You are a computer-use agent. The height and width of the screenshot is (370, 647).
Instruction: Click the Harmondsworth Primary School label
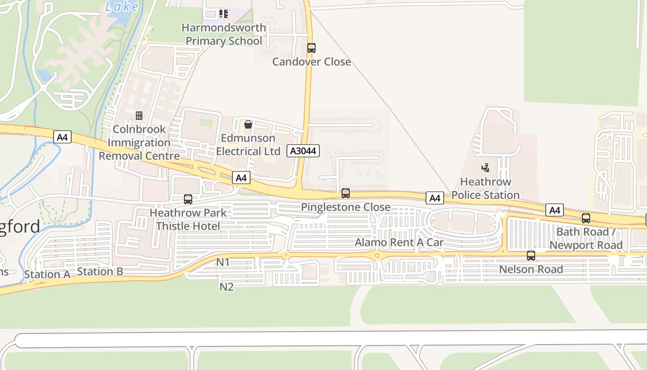click(224, 34)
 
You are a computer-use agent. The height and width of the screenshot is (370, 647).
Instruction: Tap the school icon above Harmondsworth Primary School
click(224, 14)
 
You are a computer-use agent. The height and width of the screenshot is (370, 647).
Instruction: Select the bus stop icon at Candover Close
click(311, 48)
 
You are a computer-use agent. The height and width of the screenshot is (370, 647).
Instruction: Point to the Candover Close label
click(311, 62)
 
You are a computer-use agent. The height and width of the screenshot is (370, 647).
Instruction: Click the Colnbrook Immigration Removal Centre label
click(139, 142)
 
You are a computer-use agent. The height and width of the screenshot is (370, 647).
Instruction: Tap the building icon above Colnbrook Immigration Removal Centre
click(139, 115)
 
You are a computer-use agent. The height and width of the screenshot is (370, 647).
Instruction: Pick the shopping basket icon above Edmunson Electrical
click(248, 124)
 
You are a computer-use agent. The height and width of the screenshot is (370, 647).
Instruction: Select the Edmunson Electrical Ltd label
click(248, 145)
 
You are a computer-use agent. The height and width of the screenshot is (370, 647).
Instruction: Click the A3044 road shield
click(303, 150)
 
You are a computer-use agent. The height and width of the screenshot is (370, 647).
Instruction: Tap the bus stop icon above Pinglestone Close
click(346, 193)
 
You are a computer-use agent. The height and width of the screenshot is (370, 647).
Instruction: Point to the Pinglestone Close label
click(346, 207)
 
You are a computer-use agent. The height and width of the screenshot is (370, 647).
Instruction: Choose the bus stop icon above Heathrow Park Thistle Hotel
click(188, 199)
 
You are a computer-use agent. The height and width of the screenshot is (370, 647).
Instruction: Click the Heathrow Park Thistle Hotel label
click(188, 219)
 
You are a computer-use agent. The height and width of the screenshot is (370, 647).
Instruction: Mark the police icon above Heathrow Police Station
click(486, 167)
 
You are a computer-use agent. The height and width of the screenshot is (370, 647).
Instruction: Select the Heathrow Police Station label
click(486, 188)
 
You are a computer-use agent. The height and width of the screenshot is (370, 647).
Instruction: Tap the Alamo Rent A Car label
click(399, 242)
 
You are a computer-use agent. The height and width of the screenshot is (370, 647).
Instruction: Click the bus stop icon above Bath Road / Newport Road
click(586, 218)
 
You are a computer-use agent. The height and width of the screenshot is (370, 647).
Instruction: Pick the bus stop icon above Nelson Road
click(531, 255)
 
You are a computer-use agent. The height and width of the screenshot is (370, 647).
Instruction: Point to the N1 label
click(223, 262)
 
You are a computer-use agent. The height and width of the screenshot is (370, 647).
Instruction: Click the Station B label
click(100, 271)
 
